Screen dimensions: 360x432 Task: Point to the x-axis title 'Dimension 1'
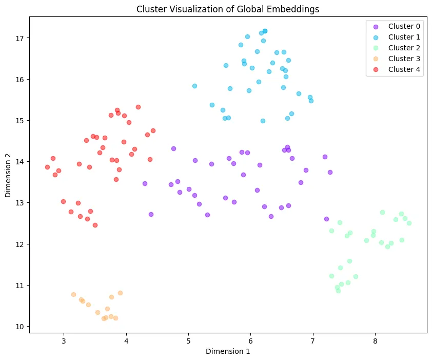[x=228, y=351]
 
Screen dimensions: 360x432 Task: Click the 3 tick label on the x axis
[x=64, y=340]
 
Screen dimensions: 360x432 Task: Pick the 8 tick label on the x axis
[x=375, y=340]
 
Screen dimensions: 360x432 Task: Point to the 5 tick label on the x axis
[x=188, y=340]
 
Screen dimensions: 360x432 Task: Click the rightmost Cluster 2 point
[x=409, y=223]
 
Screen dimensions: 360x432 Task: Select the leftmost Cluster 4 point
[x=47, y=167]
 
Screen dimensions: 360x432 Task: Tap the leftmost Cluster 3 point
[x=73, y=294]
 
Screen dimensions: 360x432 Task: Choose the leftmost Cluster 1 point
[x=194, y=86]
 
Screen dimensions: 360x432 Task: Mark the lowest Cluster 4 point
[x=95, y=225]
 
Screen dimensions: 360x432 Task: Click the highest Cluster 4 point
[x=138, y=107]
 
